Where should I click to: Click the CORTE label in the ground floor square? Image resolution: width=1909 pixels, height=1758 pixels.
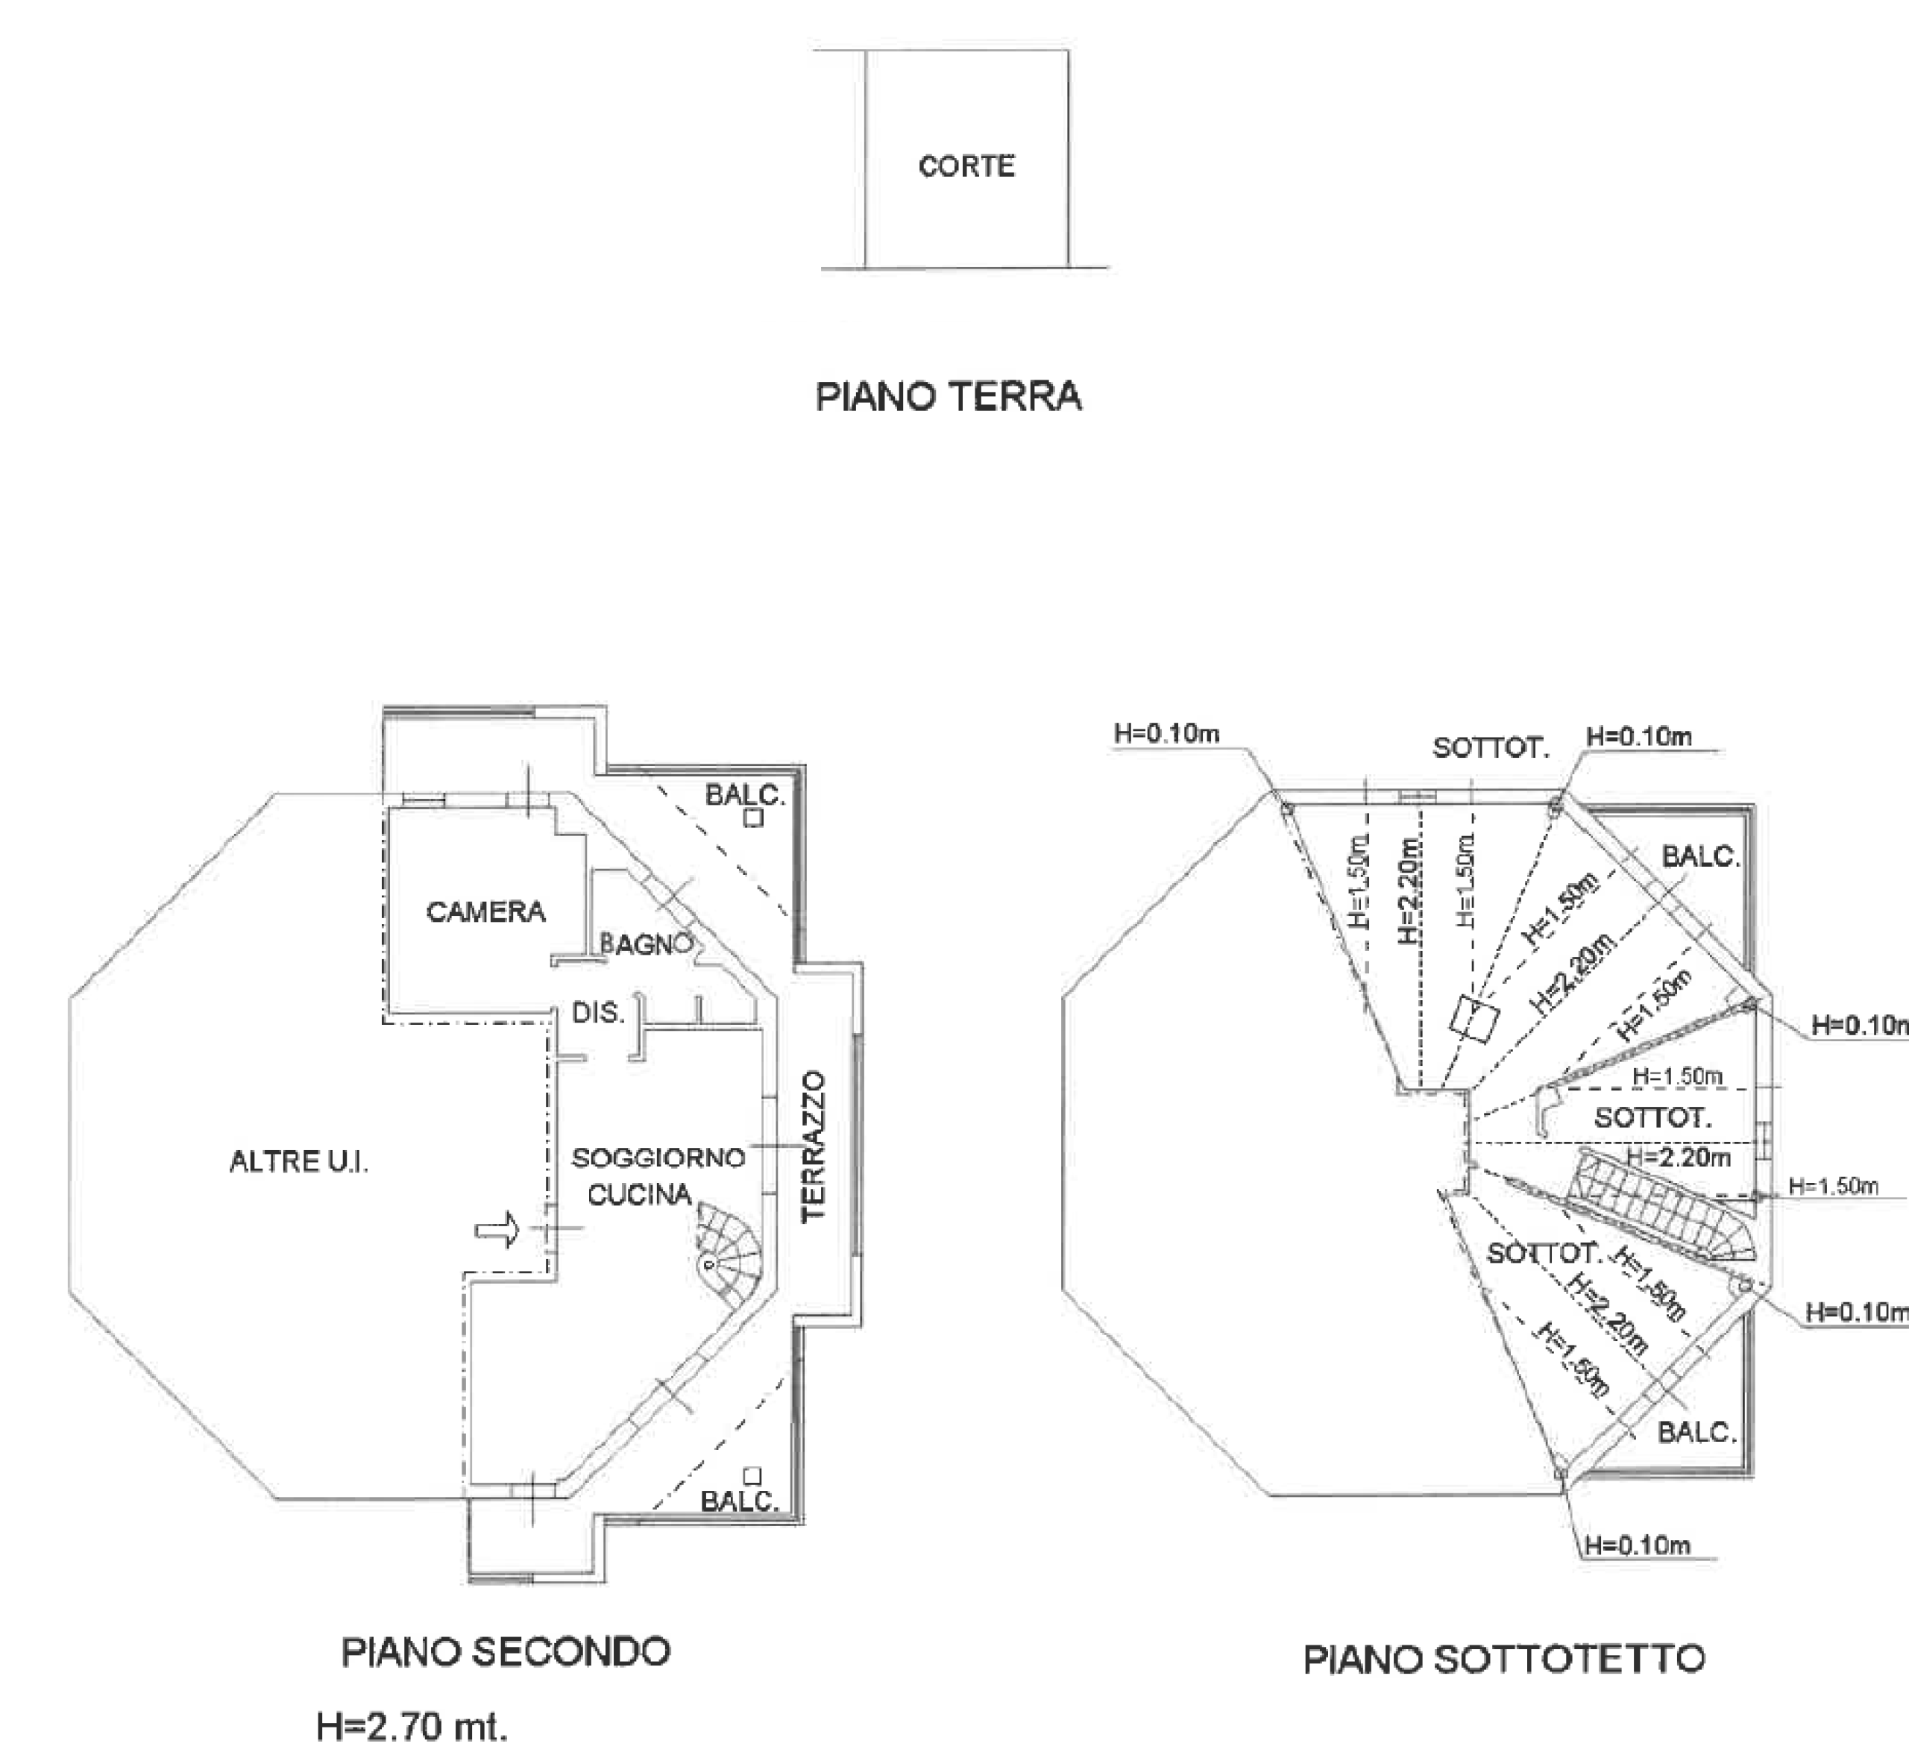click(966, 166)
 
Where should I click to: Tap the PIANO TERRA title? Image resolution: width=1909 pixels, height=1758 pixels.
click(949, 397)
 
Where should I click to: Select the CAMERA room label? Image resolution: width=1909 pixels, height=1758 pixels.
click(485, 912)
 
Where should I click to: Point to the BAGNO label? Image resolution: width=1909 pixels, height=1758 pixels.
click(645, 945)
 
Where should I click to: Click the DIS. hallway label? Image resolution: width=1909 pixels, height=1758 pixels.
click(598, 1012)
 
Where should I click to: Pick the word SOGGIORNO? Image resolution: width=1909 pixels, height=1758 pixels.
click(658, 1158)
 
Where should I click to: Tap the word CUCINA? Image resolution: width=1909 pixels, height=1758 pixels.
click(639, 1195)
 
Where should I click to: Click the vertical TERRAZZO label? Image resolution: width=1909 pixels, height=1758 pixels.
click(814, 1146)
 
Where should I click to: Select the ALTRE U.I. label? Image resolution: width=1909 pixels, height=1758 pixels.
click(299, 1161)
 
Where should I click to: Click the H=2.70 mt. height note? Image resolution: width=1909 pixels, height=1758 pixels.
click(411, 1726)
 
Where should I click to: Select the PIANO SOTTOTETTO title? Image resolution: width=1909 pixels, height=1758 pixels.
click(1503, 1659)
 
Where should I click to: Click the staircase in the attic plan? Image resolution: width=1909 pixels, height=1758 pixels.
click(1660, 1208)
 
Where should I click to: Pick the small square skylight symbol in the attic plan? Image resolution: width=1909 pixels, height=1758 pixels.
click(1474, 1021)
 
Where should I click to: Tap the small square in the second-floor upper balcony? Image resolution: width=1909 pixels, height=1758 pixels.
click(753, 817)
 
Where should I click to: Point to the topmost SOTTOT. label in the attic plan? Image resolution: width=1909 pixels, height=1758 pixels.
click(1491, 747)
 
